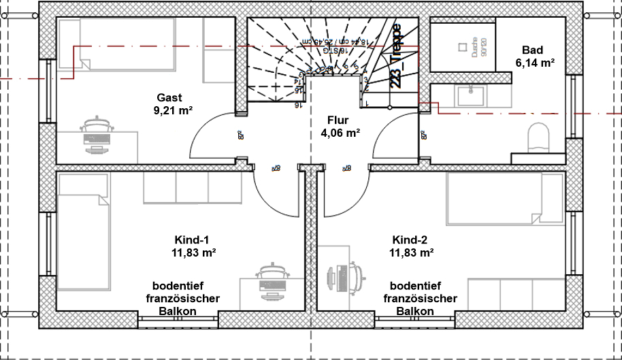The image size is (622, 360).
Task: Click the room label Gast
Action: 169,97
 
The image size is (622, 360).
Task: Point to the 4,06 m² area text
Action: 340,133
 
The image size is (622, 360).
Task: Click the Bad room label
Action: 532,50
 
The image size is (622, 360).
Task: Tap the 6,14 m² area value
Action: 535,62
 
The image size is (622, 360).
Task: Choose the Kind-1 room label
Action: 191,240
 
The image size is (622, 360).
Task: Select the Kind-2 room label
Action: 410,240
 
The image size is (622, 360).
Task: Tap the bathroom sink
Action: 469,95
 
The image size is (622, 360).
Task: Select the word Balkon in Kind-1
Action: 178,311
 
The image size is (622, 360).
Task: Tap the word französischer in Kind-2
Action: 421,298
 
